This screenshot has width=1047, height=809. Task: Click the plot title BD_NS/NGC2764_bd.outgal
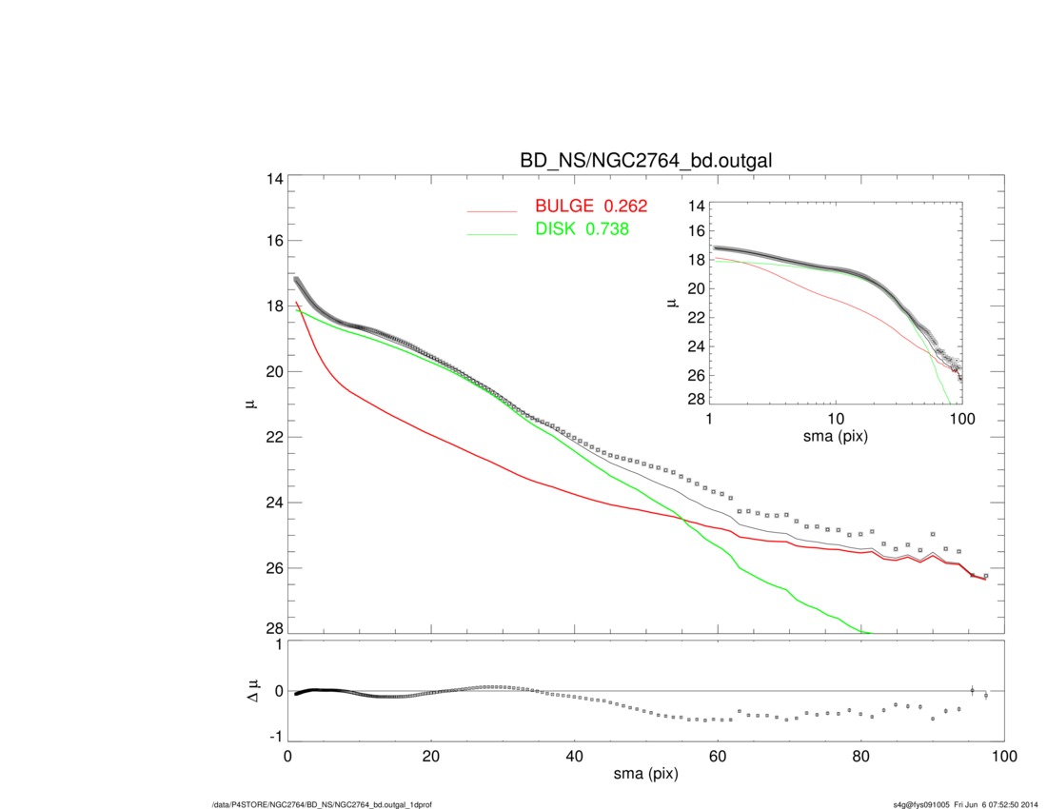tap(645, 162)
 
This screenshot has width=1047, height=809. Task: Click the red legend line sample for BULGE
tap(492, 210)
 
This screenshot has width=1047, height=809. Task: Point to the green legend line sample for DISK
tap(492, 233)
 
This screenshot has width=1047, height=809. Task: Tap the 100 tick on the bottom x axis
tap(1004, 758)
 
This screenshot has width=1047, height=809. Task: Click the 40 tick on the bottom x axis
tap(574, 758)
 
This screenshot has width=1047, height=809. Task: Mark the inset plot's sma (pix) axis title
tap(836, 437)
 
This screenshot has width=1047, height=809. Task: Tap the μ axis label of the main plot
tap(250, 404)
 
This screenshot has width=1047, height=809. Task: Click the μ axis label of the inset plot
tap(672, 304)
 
